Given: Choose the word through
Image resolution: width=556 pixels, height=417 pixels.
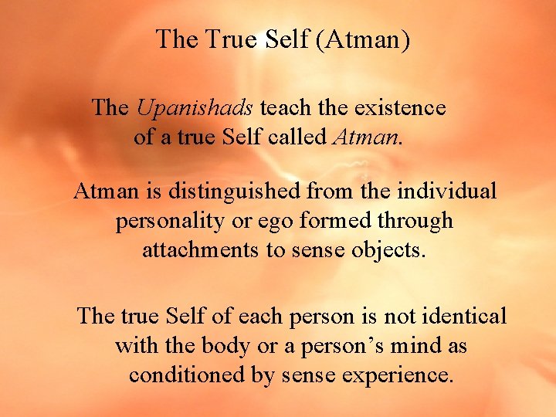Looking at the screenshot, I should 417,221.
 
